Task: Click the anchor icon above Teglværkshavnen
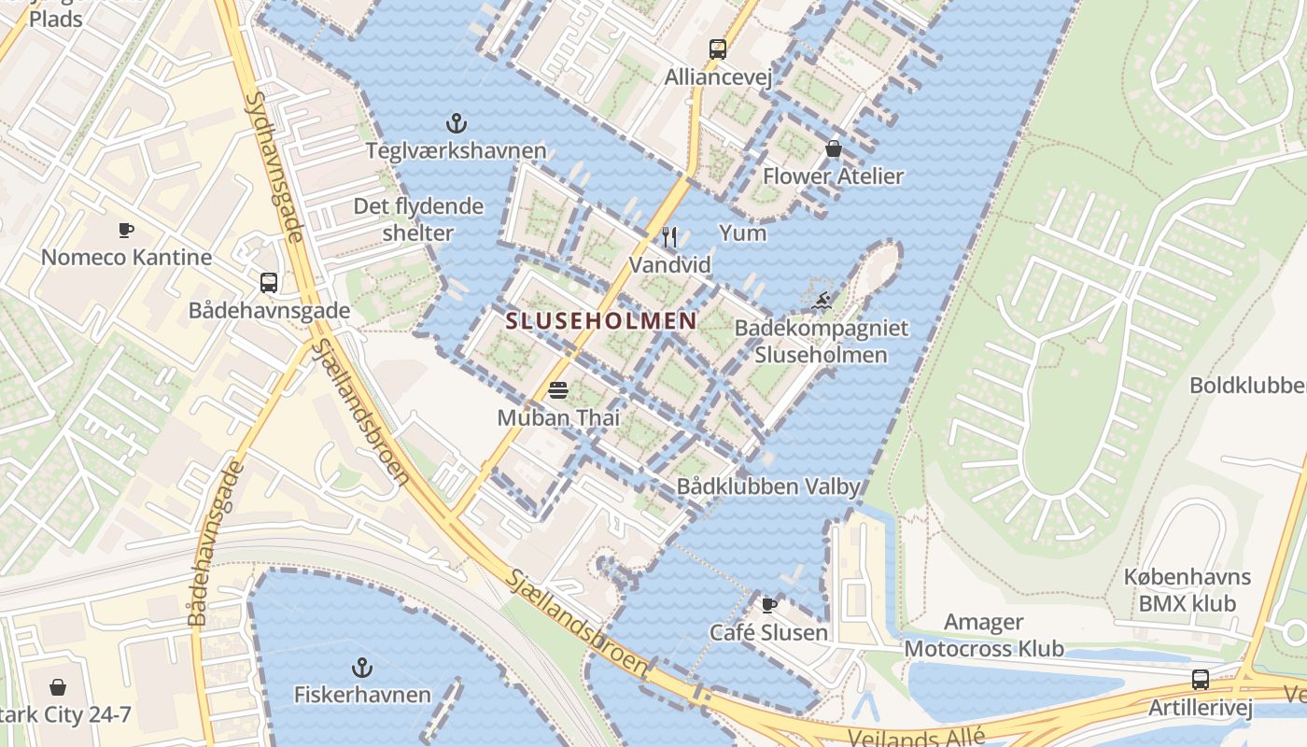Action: point(456,122)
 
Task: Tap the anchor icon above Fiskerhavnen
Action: point(362,667)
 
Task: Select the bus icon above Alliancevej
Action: point(717,49)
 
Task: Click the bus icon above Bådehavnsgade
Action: point(269,282)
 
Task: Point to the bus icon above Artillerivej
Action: point(1201,680)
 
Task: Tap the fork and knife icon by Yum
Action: point(669,236)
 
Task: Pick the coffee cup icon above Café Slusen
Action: point(768,605)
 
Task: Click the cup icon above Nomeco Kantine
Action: point(126,230)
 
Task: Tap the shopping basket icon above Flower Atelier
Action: point(833,148)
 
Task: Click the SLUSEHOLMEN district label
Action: point(600,321)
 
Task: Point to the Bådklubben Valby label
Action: point(767,486)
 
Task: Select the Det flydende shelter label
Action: point(418,219)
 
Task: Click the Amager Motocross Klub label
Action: point(984,635)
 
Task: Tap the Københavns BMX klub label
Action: point(1187,590)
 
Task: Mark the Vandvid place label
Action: point(669,265)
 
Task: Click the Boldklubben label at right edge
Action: point(1247,385)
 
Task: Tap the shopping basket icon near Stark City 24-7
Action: point(58,688)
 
